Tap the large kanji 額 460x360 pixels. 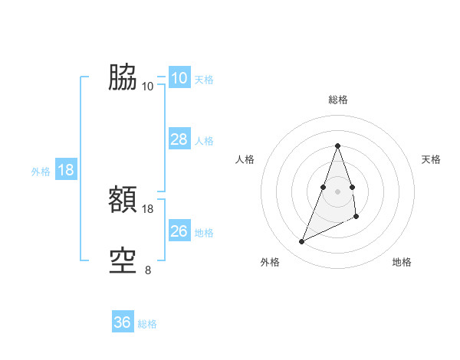123,201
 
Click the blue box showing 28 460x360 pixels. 179,139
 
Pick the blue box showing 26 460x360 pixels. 179,231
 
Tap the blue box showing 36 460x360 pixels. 123,322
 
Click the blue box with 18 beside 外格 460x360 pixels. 66,170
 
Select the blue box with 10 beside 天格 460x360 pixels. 179,78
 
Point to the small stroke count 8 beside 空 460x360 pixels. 148,270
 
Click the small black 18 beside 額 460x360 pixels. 148,209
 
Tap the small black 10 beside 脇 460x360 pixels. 148,86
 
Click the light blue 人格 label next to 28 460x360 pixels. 204,141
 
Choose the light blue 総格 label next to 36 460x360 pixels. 147,324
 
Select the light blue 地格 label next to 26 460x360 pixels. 204,233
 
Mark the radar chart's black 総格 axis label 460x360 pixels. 338,100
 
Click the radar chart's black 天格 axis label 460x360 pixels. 432,159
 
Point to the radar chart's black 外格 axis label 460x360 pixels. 270,263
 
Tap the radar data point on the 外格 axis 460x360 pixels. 302,242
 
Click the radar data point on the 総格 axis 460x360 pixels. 338,146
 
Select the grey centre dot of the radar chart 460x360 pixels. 338,191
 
